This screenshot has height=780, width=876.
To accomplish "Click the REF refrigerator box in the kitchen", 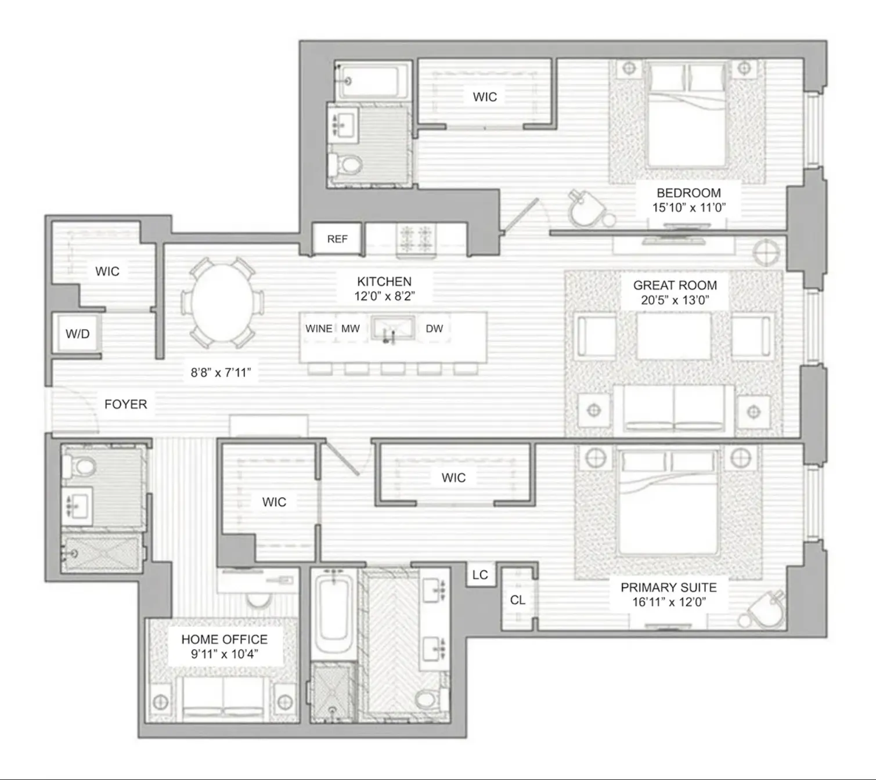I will [x=337, y=239].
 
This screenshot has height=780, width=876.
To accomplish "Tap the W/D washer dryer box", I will [x=77, y=334].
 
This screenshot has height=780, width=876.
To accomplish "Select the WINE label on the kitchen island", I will [x=319, y=328].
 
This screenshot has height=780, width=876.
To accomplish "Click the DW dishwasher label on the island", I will [x=434, y=328].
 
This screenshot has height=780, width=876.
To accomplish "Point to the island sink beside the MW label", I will [x=392, y=328].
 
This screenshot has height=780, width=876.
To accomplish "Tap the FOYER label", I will [x=125, y=404].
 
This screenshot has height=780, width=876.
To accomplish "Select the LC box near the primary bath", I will [x=480, y=575].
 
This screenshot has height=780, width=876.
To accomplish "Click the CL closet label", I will [x=517, y=600].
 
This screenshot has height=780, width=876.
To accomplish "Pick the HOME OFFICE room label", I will [x=224, y=639].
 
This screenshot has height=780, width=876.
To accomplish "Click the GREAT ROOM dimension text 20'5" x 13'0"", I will [x=675, y=300].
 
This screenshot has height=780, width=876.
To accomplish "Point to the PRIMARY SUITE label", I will [x=668, y=587].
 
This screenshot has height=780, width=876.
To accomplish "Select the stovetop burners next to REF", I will [x=415, y=239].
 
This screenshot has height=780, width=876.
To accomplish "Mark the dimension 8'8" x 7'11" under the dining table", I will [x=221, y=373].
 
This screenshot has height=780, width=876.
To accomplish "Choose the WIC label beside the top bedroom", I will [x=485, y=97].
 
